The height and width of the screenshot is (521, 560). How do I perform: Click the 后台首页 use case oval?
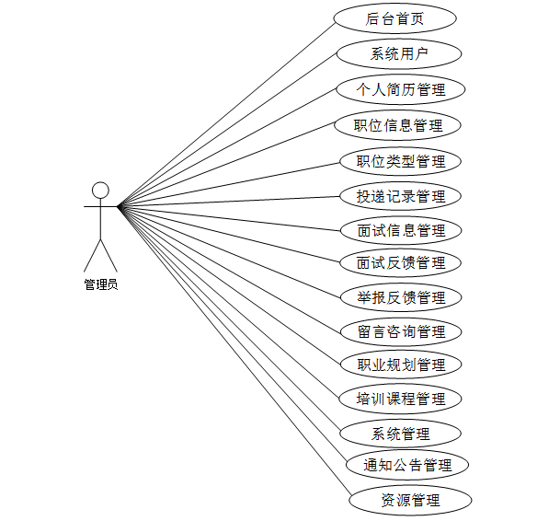coord(394,18)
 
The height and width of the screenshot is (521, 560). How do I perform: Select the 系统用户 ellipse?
coord(399,54)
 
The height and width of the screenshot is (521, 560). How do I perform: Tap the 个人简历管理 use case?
coord(401,89)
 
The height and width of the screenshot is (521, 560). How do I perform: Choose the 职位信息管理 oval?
coord(397,125)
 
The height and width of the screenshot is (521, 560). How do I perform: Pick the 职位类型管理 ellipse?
coord(400,161)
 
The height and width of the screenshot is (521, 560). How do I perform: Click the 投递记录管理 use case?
coord(400,196)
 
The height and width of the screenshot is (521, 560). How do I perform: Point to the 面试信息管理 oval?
coord(401,230)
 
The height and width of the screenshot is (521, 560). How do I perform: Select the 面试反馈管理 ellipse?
coord(401,263)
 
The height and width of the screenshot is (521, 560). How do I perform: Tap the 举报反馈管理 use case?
coord(401,297)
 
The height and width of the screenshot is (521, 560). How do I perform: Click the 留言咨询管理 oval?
coord(401,331)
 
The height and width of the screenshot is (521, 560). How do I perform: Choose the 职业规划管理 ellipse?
coord(401,365)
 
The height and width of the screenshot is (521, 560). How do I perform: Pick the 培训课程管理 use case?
coord(400,399)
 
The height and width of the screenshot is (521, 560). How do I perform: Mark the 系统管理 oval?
coord(400,434)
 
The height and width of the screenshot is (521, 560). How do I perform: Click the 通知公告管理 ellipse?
coord(407,465)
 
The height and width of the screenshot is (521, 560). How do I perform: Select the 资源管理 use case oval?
coord(410,500)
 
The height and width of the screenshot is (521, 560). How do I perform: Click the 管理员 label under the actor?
coord(101,284)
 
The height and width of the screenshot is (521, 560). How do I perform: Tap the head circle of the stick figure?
coord(100,191)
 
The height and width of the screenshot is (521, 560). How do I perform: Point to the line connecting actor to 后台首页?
coord(225,115)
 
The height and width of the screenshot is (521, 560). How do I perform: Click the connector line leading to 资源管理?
coord(234,350)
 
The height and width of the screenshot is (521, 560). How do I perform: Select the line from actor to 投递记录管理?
coord(228,202)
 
